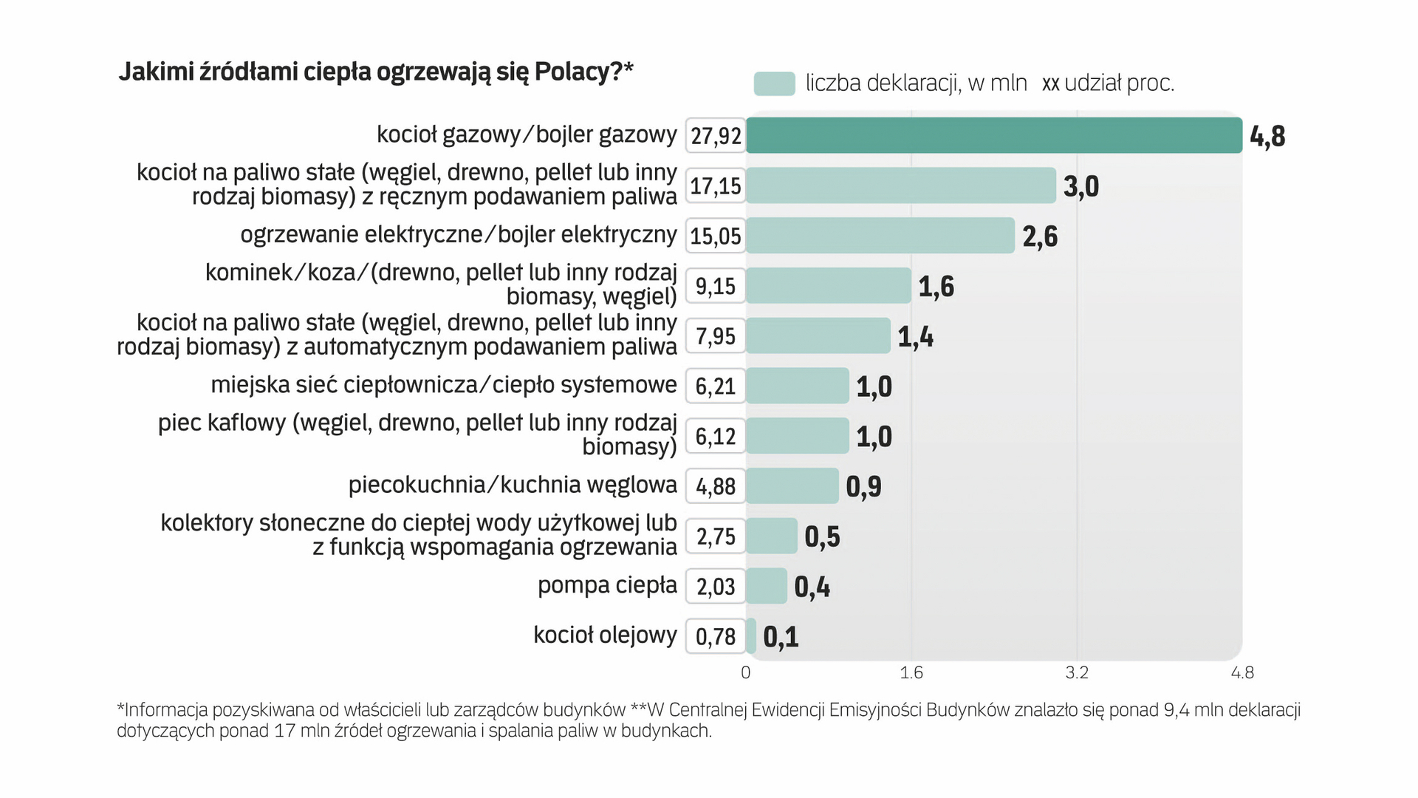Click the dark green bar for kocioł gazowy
[x=993, y=135]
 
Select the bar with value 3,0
[x=900, y=185]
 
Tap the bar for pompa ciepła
[x=766, y=586]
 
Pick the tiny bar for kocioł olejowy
[x=751, y=636]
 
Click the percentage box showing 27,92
[x=716, y=135]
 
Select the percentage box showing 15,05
[x=716, y=236]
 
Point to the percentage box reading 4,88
[x=716, y=486]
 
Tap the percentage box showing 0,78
[x=716, y=636]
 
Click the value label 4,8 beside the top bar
[x=1267, y=137]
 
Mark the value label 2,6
[x=1040, y=236]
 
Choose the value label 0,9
[x=863, y=487]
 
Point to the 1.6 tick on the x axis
[x=911, y=672]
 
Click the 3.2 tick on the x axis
[x=1077, y=672]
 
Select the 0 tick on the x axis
[x=746, y=672]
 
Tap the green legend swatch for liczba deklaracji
[x=774, y=83]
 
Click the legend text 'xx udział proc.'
[x=1108, y=83]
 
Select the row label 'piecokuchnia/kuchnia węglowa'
[x=513, y=485]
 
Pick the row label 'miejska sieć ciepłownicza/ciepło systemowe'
[x=444, y=385]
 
